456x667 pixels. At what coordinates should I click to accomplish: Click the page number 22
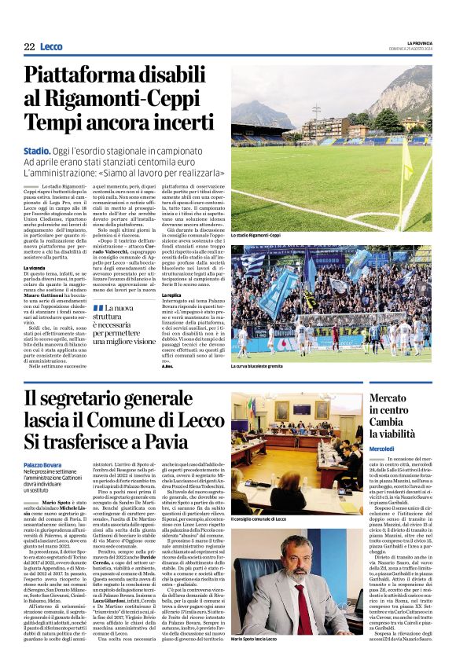click(29, 47)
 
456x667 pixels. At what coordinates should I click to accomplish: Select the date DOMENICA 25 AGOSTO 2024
click(412, 49)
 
